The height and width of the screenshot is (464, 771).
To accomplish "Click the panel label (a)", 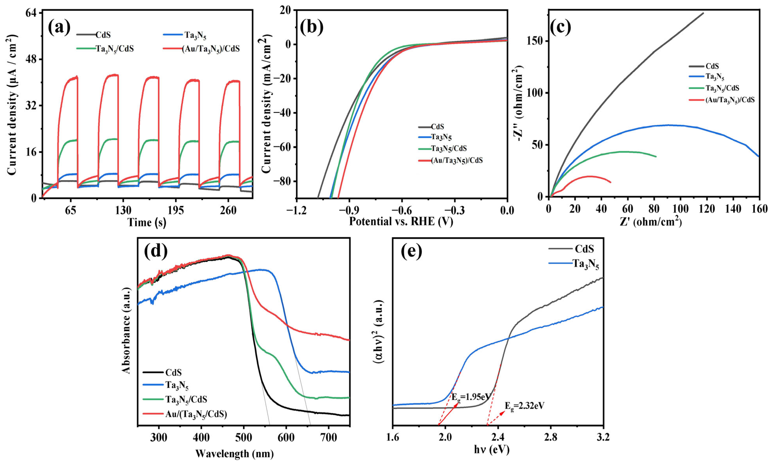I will click(x=59, y=27).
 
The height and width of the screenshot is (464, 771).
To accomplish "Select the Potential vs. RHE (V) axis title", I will click(x=401, y=221).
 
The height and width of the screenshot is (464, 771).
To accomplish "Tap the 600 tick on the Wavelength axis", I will click(x=286, y=437).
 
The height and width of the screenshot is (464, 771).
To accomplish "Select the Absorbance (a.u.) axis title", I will click(x=126, y=331).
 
